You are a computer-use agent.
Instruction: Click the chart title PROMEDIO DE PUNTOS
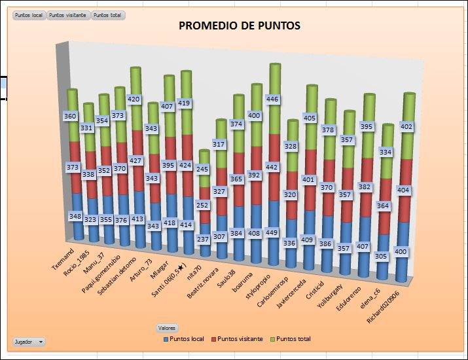(240, 26)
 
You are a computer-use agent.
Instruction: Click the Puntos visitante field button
(68, 15)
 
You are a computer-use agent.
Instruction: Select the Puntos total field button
(107, 15)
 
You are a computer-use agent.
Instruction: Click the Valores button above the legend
(167, 327)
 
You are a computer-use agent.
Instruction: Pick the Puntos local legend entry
(183, 339)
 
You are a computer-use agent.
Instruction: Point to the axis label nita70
(195, 265)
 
